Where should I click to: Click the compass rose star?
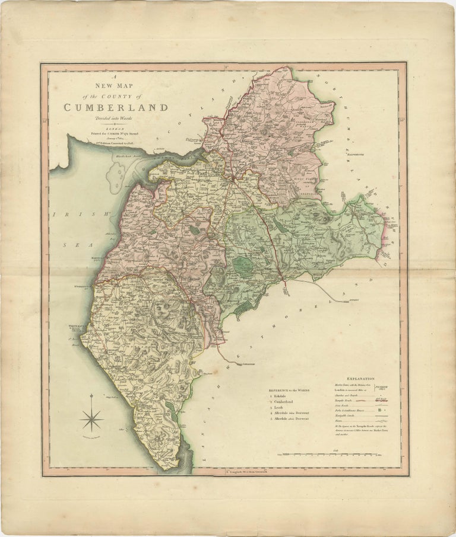pos(92,420)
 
